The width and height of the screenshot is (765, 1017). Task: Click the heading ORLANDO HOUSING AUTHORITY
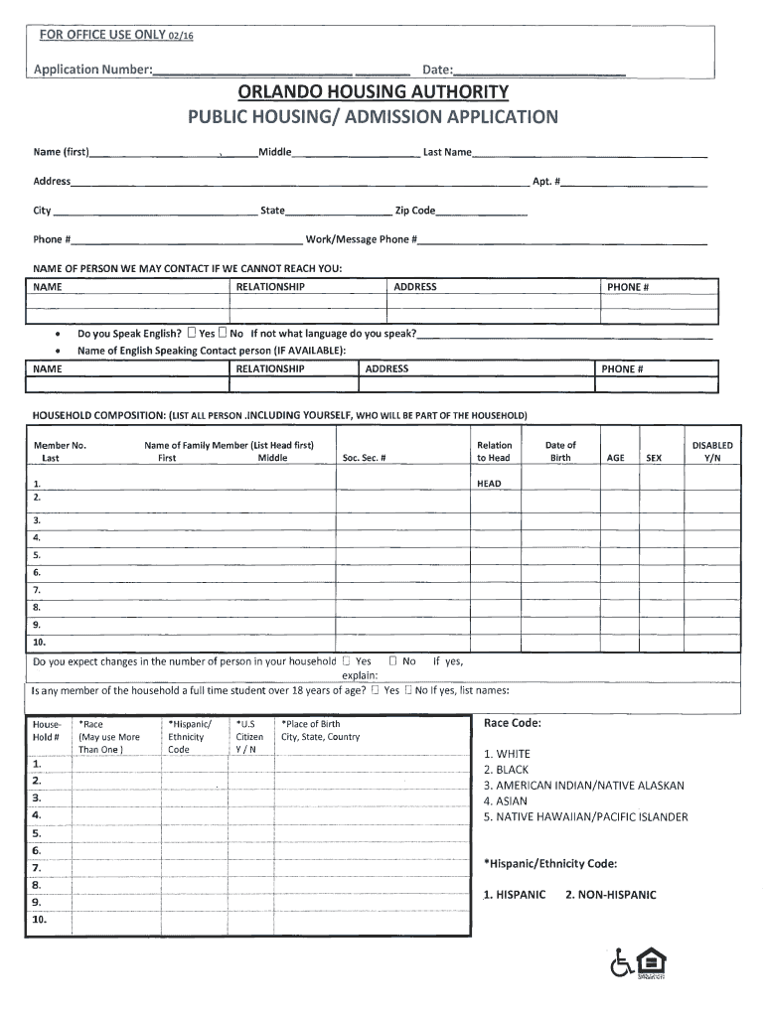point(373,92)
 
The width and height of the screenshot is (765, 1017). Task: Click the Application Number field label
point(92,70)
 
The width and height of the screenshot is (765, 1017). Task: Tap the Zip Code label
point(415,211)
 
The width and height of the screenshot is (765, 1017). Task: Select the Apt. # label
point(546,182)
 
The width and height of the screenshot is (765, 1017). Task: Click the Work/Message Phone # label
point(362,239)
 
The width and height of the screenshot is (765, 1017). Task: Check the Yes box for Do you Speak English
point(192,334)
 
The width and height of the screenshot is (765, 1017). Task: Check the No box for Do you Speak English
point(223,334)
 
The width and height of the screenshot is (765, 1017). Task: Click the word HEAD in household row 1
point(490,484)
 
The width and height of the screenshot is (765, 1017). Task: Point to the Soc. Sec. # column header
point(364,458)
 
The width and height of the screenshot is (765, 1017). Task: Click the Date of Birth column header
point(560,452)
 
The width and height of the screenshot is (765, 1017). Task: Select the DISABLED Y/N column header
point(712,452)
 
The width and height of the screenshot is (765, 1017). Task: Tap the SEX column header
point(653,458)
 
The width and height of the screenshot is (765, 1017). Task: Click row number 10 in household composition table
point(40,642)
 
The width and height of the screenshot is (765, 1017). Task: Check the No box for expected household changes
point(393,660)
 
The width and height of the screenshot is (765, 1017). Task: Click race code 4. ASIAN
point(505,800)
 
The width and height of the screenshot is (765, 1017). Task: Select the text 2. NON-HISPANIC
point(610,895)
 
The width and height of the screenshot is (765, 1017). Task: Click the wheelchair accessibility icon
point(621,962)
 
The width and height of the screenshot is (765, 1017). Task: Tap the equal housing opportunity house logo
point(651,962)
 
